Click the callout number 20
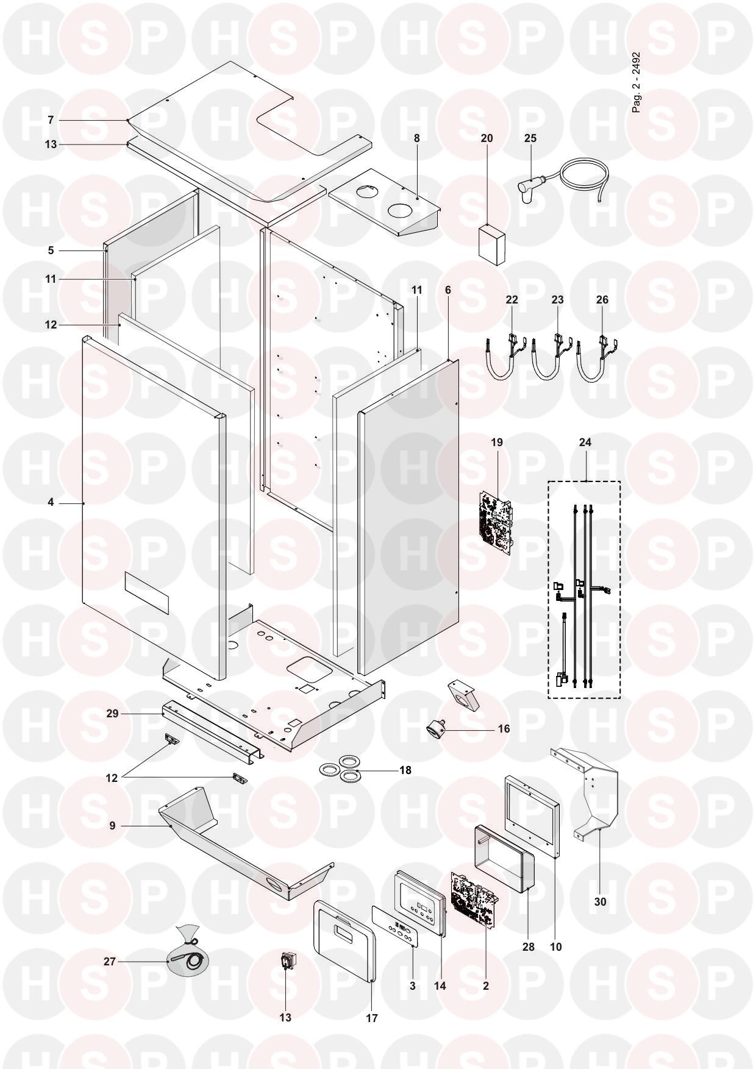pos(487,138)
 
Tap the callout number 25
pos(530,138)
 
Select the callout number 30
pos(600,901)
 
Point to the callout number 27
pos(110,962)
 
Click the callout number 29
pos(112,713)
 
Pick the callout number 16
pos(504,729)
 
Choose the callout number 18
pos(405,770)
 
